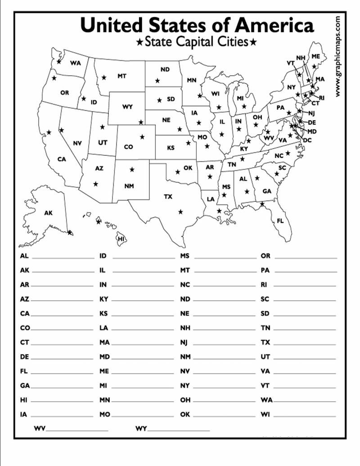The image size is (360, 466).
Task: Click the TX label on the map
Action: point(168,197)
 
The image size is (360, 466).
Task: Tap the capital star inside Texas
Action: point(180,212)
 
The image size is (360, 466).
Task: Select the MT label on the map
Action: point(122,76)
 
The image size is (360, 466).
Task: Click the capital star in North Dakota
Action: point(157,81)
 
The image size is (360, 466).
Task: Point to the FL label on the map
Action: point(280,221)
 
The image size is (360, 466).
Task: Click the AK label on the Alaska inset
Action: point(48,213)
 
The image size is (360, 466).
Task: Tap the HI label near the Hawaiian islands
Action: point(121,239)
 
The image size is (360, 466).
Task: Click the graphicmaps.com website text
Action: point(338,56)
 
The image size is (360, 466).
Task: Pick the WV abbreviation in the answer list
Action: point(39,429)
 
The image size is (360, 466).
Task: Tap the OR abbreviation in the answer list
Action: point(265,256)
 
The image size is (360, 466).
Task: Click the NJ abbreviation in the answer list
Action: point(184,342)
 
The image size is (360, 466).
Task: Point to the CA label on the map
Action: point(62,159)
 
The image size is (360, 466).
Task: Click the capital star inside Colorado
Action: point(142,137)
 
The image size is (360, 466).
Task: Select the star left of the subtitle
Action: point(139,43)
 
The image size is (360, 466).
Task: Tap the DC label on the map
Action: point(307,140)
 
